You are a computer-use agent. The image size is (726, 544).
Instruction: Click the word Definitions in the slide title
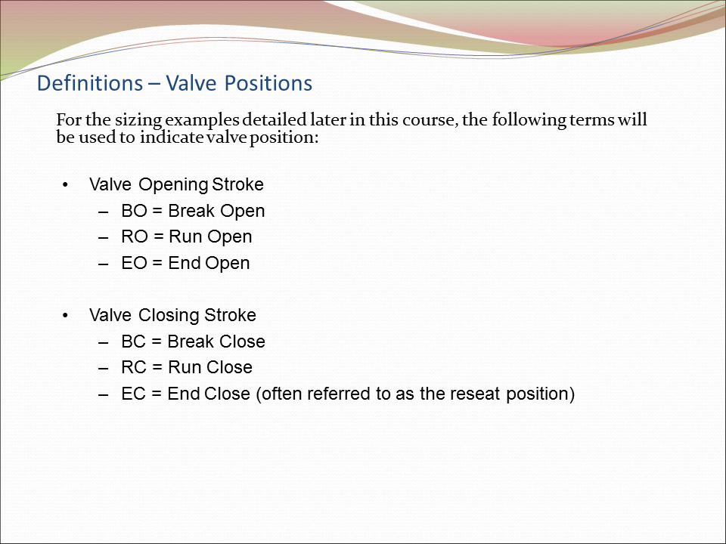[89, 83]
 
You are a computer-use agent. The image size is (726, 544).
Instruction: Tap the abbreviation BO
[134, 211]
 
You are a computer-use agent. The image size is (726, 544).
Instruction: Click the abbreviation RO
[134, 236]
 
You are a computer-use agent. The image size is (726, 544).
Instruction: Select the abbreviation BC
[134, 342]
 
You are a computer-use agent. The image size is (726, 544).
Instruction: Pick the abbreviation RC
[134, 367]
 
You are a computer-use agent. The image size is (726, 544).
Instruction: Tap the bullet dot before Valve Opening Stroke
[66, 185]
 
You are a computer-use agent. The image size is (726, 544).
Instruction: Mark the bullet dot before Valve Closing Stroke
[66, 316]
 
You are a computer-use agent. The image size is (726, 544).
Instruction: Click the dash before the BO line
[104, 212]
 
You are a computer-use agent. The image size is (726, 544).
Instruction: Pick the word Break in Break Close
[191, 342]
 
